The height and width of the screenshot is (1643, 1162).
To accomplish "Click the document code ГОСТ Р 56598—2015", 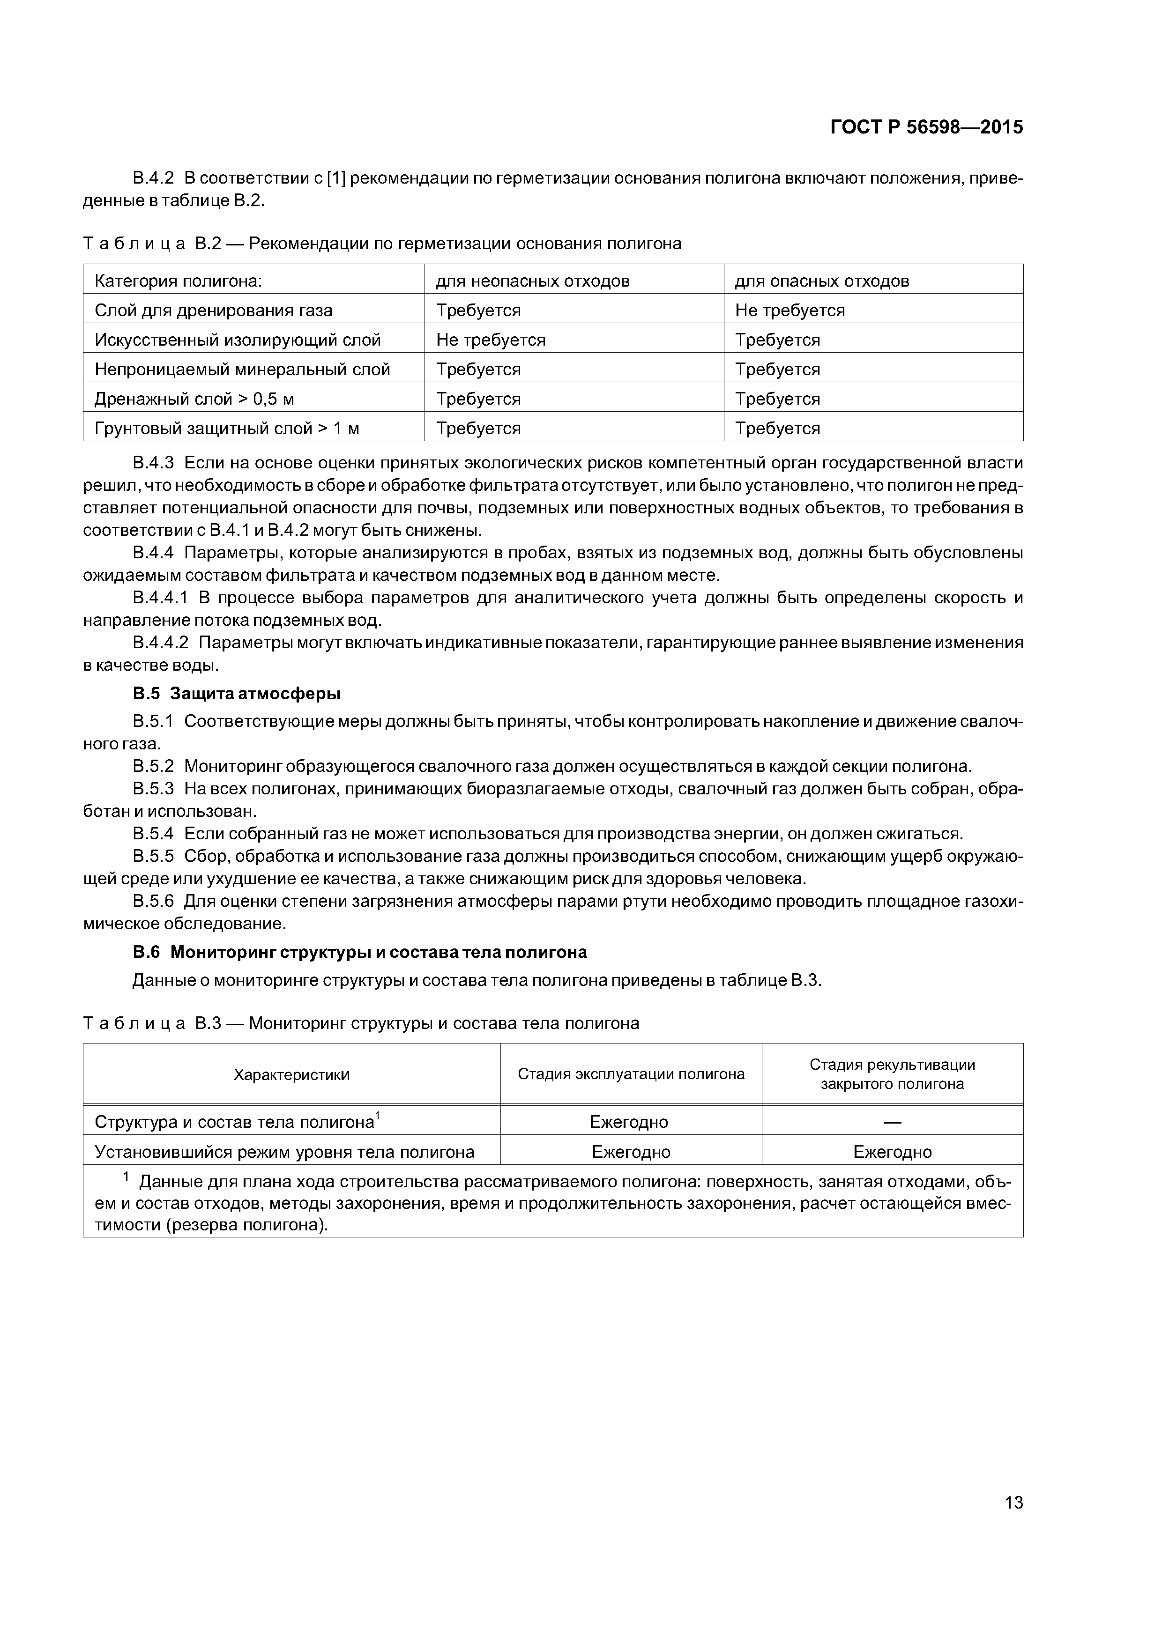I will tap(926, 127).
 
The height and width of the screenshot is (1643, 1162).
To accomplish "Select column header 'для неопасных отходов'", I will tap(533, 281).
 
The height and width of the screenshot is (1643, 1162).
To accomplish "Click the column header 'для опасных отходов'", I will tap(822, 281).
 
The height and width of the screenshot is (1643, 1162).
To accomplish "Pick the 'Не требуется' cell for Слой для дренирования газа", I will tap(790, 311).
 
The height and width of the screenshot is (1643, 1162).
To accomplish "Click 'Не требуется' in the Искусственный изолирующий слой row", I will tap(491, 340).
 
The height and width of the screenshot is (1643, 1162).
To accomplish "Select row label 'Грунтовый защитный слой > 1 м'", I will tap(227, 429).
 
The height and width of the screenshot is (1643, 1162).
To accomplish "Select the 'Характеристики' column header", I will tap(291, 1074).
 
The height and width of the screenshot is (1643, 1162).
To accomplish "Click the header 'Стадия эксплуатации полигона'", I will tap(631, 1074).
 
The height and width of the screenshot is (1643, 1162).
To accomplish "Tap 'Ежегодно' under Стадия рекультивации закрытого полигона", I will tap(892, 1152).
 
